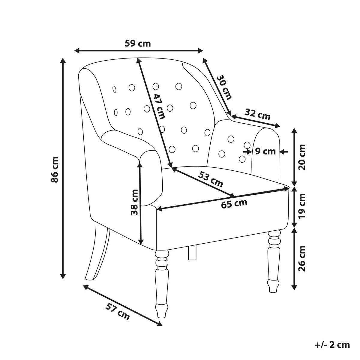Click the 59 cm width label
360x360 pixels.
tap(138, 43)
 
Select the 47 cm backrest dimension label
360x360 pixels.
tap(159, 106)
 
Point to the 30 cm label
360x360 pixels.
tap(224, 87)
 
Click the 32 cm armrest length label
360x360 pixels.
tap(257, 114)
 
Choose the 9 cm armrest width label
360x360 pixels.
tap(265, 151)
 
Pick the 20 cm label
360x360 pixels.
tap(302, 157)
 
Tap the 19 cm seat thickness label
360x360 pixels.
tap(302, 206)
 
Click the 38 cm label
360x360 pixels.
tap(134, 202)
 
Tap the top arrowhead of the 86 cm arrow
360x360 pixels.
tap(63, 61)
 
